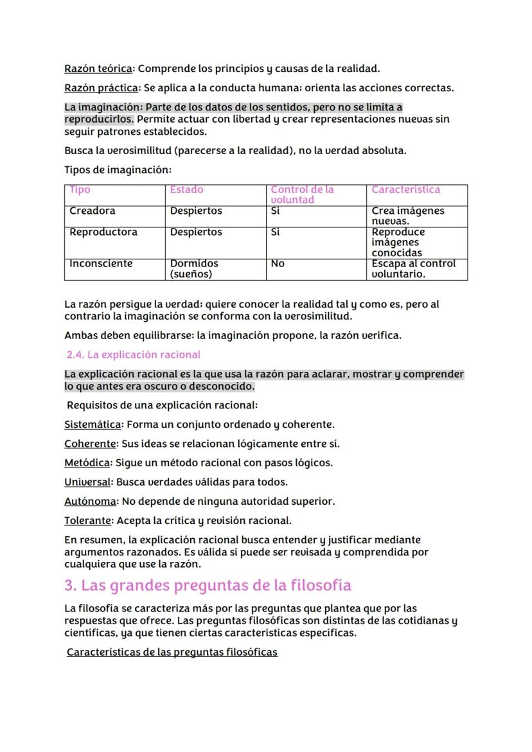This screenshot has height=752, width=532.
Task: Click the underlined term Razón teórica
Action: [x=98, y=68]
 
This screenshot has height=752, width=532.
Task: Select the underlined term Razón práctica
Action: [x=101, y=87]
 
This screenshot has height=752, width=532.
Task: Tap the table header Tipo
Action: [x=80, y=189]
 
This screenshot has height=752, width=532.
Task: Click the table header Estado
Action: [x=186, y=189]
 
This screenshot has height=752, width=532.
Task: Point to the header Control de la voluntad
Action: [x=302, y=195]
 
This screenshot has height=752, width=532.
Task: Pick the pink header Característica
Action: [x=406, y=189]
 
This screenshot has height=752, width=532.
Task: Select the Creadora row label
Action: [x=93, y=211]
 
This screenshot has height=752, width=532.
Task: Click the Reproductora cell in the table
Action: [x=103, y=232]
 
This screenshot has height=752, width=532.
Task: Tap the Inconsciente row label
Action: [x=101, y=263]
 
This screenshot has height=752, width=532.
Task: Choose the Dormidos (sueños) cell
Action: [x=194, y=268]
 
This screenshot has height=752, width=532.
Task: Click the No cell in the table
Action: [x=278, y=263]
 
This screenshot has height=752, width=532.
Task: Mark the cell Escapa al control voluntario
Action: [x=413, y=268]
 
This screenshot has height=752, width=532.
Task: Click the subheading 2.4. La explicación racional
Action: [x=134, y=354]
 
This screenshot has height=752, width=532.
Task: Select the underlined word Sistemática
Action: [x=93, y=424]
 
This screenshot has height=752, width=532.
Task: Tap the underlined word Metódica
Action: [x=87, y=462]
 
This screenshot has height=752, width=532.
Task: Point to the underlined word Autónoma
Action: [x=91, y=501]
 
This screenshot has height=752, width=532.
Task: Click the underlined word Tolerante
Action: [x=88, y=520]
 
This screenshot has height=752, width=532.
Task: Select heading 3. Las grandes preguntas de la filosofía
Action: [x=208, y=585]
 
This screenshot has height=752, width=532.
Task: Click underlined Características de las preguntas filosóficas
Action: [x=172, y=652]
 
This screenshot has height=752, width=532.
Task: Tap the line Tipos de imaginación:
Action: [x=118, y=170]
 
